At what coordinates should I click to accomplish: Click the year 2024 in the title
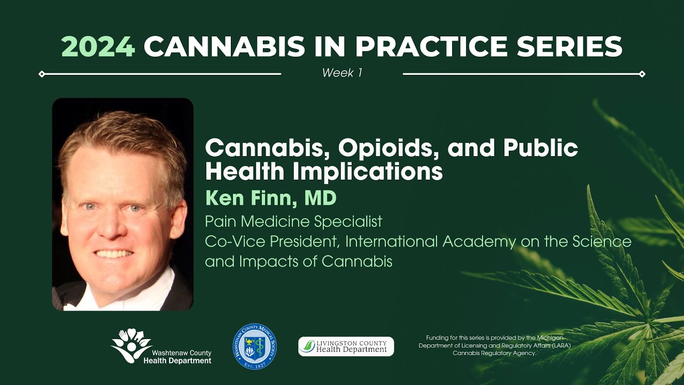point(98,47)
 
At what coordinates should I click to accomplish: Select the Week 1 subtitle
point(342,73)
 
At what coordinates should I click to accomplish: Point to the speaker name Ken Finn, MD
point(271,198)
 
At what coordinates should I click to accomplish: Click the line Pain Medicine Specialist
point(294,220)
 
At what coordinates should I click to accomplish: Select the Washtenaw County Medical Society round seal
point(254,346)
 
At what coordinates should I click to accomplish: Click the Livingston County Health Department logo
point(346,346)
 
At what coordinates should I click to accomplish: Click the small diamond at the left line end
point(42,74)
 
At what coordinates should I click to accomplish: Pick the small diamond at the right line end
point(642,74)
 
